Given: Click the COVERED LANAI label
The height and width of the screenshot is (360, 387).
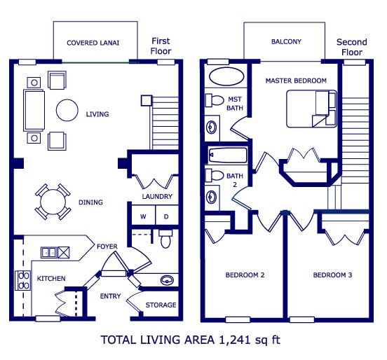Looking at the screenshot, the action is tap(93, 43).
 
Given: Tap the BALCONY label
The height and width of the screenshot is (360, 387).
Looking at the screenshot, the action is tap(286, 41).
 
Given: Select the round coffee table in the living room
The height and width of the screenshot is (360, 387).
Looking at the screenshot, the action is tap(67, 110).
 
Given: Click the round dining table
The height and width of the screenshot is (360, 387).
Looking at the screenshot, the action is tap(53, 202).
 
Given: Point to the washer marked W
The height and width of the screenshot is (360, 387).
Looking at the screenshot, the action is tap(143, 216).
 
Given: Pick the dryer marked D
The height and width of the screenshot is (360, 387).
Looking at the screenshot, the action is tap(167, 216).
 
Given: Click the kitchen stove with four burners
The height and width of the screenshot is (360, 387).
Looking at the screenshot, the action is tap(22, 280).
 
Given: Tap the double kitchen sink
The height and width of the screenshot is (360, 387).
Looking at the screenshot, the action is tap(49, 253).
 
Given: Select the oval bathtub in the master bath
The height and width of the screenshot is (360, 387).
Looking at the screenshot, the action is tap(226, 76).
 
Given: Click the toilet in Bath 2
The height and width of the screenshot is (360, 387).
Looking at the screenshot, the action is tap(215, 175).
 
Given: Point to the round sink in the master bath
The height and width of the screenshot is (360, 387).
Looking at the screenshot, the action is tap(212, 127).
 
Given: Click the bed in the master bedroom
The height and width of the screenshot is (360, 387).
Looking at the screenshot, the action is tap(311, 109).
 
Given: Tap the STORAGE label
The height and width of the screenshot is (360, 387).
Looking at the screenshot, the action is tap(161, 305).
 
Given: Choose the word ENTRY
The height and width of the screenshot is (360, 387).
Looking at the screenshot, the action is tap(110, 296).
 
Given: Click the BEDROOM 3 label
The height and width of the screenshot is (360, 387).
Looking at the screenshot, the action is tap(332, 275).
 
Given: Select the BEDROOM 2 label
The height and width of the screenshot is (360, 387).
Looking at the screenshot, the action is tap(245, 275).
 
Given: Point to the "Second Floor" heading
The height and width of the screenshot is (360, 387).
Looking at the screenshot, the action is tap(352, 47).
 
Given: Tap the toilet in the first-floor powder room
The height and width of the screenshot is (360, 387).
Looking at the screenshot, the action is tap(165, 239).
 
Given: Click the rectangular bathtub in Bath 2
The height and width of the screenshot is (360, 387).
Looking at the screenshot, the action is tap(228, 155).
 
